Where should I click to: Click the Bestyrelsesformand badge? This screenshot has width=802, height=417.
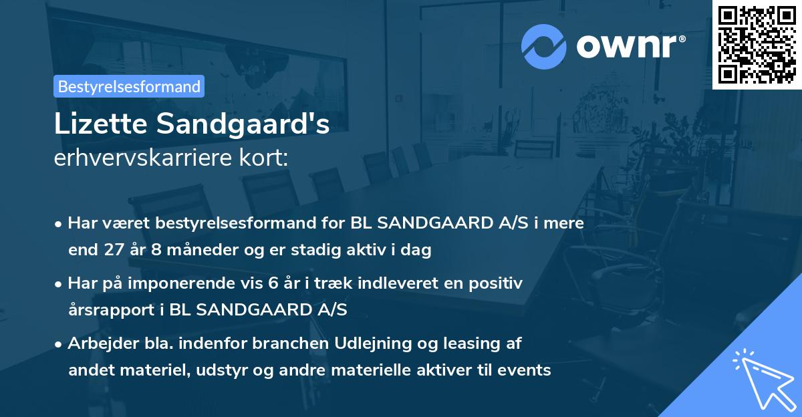tap(129, 86)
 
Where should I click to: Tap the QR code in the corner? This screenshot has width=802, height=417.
tap(757, 44)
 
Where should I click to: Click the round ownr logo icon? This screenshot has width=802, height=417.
tap(544, 46)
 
